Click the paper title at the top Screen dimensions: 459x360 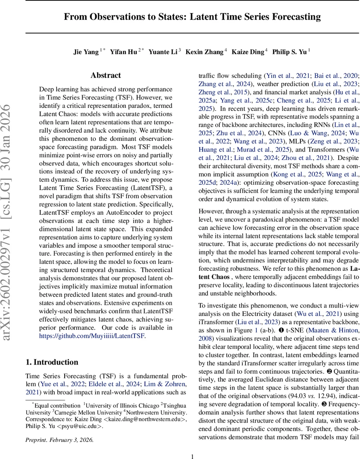pyautogui.click(x=192, y=17)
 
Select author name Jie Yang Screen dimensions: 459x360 pyautogui.click(x=86, y=52)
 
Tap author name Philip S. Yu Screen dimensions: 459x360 pyautogui.click(x=289, y=52)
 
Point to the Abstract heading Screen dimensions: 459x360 pyautogui.click(x=105, y=75)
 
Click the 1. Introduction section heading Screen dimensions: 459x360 pyautogui.click(x=52, y=362)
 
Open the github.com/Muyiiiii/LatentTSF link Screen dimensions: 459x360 pyautogui.click(x=92, y=336)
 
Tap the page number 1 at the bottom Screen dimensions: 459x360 pyautogui.click(x=192, y=456)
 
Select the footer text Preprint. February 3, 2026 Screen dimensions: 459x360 pyautogui.click(x=59, y=439)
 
